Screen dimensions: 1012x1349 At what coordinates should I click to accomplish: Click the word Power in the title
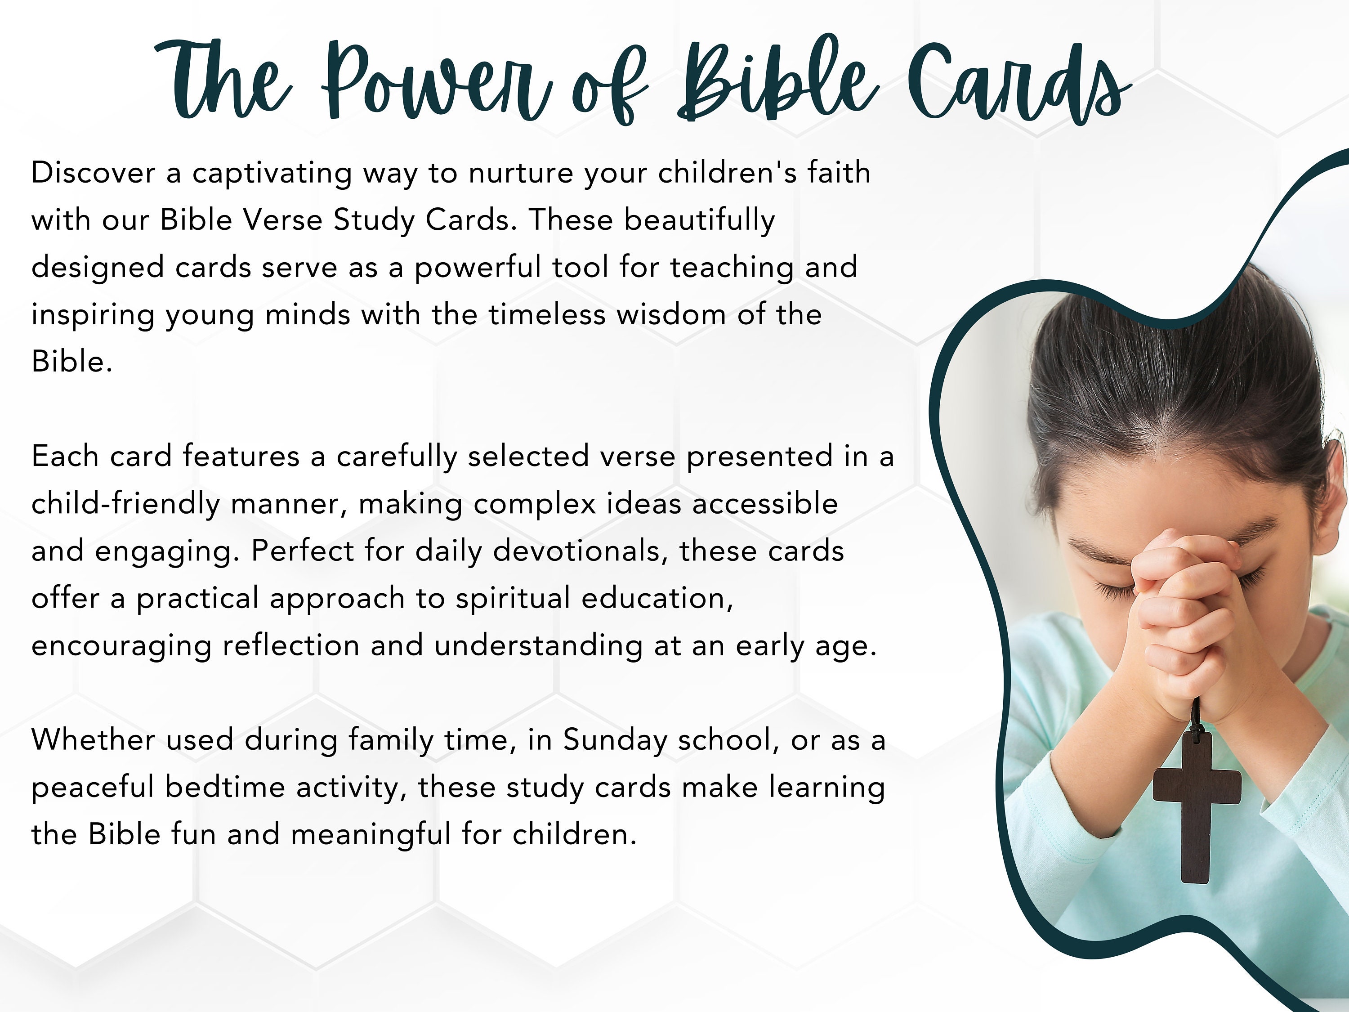436,82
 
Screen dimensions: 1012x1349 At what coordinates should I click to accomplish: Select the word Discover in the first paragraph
94,173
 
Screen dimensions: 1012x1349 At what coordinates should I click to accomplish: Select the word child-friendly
125,504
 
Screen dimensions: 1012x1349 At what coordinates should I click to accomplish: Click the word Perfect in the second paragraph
303,551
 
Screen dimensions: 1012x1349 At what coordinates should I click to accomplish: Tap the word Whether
94,740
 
